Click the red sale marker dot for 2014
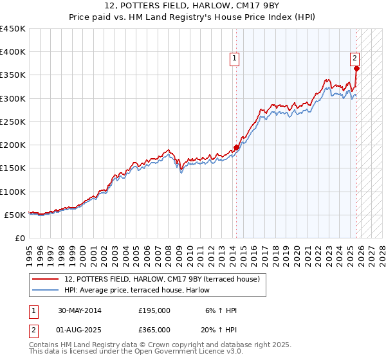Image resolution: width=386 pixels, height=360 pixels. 236,147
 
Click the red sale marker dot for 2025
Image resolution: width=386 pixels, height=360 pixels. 356,68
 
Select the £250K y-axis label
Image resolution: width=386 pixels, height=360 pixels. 13,122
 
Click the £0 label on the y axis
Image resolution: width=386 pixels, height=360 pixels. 19,238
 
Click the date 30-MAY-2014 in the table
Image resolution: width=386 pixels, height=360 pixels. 79,310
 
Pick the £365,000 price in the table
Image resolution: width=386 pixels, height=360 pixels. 154,330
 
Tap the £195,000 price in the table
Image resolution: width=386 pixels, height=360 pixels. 154,310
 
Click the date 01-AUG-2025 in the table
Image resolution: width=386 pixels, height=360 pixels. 79,330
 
